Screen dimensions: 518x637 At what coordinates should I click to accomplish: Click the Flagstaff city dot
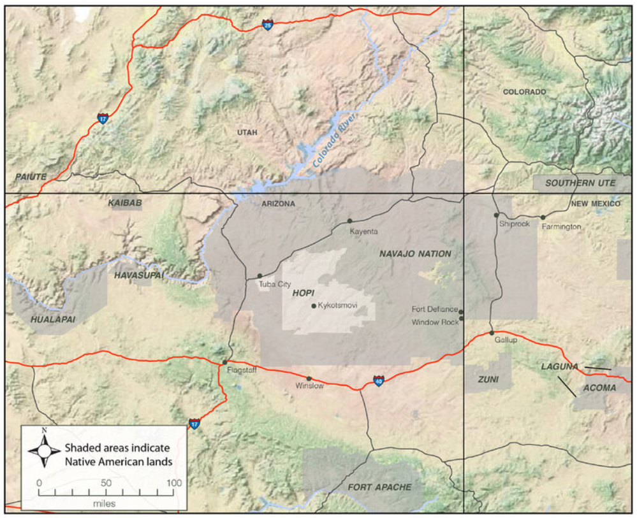(x=224, y=362)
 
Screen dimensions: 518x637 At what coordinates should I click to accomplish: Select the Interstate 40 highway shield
(x=379, y=381)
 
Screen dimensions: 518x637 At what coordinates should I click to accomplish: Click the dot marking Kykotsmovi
(x=313, y=306)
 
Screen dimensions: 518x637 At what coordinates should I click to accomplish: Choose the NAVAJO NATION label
(x=415, y=254)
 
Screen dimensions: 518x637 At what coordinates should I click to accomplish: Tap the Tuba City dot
(x=260, y=276)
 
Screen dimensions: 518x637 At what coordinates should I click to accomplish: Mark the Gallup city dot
(x=492, y=333)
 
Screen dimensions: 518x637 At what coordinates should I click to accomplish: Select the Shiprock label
(x=515, y=224)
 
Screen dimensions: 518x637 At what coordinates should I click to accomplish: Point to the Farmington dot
(x=543, y=217)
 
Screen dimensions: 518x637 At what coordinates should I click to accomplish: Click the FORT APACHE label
(x=379, y=487)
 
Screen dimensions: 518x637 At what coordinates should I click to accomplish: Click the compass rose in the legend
(x=44, y=450)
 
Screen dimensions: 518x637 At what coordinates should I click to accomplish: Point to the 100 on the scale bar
(x=173, y=483)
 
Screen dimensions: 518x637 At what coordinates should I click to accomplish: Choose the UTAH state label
(x=247, y=133)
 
